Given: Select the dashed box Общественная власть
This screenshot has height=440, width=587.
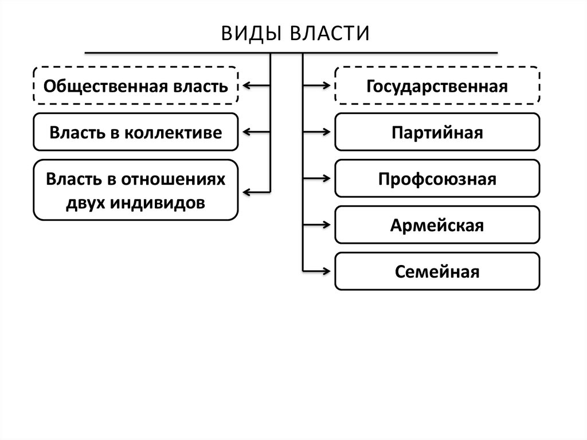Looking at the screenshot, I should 135,86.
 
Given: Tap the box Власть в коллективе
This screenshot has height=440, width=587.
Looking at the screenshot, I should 135,133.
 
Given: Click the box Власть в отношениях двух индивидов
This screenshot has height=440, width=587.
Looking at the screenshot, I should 135,190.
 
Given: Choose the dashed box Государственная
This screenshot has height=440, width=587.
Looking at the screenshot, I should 437,86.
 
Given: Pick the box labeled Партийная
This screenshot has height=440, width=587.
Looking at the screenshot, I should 437,133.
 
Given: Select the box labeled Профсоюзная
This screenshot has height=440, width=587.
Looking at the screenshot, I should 437,178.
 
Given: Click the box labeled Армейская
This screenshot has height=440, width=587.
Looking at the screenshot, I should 437,224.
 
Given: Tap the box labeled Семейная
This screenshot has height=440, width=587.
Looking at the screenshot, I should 437,270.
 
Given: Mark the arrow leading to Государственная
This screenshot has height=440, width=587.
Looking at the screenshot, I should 317,86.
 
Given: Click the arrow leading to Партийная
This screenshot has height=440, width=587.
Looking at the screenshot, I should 317,133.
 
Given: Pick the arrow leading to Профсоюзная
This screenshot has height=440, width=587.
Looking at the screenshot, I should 317,178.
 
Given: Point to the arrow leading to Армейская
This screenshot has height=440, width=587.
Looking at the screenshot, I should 317,224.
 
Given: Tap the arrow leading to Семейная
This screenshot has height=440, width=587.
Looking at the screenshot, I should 317,270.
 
